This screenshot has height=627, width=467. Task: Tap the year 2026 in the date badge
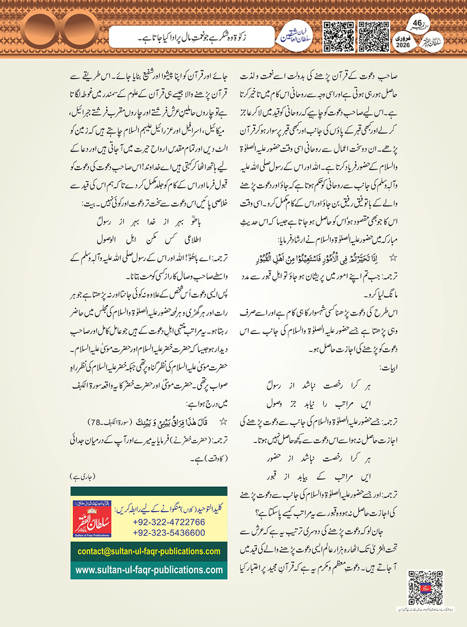tap(403, 46)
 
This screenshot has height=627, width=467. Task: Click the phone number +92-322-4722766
tap(169, 522)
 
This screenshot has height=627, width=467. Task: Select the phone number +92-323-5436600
tap(169, 533)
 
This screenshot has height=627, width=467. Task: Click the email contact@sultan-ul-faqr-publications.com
tap(149, 551)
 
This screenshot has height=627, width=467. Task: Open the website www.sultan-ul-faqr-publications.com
tap(149, 570)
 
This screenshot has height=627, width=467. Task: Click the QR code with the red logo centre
tap(426, 587)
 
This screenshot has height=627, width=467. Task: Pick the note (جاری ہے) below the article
tap(83, 477)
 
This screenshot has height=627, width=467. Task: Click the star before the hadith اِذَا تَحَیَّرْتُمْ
tap(393, 258)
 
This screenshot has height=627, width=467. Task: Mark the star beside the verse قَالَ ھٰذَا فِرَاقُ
tap(223, 422)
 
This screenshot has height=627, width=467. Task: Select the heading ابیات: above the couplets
tap(388, 367)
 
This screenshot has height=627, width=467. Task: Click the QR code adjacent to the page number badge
tap(374, 36)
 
